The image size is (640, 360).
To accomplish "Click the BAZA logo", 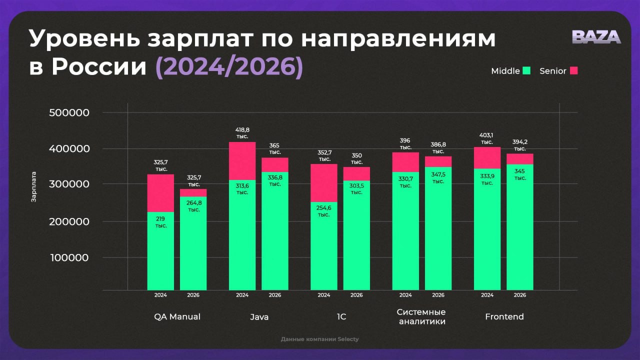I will coord(596,37).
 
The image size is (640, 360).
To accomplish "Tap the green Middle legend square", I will coord(526,71).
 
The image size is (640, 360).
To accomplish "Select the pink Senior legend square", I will coord(573,71).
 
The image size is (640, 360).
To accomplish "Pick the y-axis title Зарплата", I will coord(34,187).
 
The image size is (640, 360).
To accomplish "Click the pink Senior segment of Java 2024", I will coord(242,161).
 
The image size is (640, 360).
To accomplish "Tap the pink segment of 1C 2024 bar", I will coord(323,183).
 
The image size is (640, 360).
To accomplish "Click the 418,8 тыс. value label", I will coord(242,132).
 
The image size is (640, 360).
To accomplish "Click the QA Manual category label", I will coord(177,317).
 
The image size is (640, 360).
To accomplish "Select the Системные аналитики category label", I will coord(421,316).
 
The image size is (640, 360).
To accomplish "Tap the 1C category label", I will coord(341,317).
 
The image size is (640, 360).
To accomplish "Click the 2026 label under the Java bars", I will coord(274,295).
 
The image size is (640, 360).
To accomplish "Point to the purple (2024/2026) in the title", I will coord(229,67).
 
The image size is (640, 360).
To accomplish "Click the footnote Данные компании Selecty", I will coord(319,339).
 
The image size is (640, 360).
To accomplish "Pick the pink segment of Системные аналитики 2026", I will coord(438,161).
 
